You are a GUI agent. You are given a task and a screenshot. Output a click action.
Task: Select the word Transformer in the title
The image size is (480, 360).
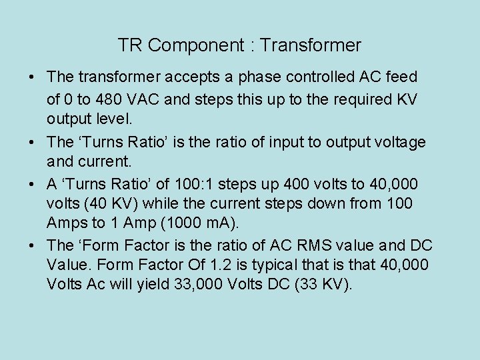[x=311, y=45]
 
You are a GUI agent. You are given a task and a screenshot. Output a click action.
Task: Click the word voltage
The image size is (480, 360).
[x=401, y=142]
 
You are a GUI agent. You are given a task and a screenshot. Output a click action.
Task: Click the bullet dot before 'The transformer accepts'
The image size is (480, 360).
[x=32, y=78]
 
